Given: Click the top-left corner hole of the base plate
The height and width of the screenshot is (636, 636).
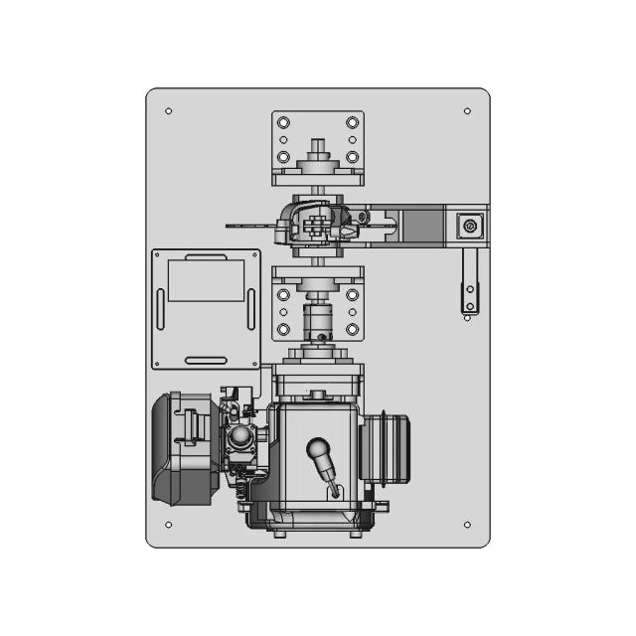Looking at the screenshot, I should pyautogui.click(x=168, y=111).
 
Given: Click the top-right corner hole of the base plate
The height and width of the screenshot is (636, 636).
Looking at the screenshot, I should pyautogui.click(x=467, y=111).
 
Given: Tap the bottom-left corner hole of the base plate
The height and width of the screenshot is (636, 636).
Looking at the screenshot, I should pyautogui.click(x=168, y=525).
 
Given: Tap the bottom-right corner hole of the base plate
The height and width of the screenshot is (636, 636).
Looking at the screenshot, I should pyautogui.click(x=467, y=525).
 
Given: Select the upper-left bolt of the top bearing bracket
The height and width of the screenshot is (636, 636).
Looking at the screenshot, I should pyautogui.click(x=284, y=122).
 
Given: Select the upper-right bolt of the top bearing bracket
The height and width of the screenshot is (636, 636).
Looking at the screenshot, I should pyautogui.click(x=352, y=122).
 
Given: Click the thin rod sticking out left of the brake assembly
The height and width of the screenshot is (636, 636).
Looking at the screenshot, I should pyautogui.click(x=248, y=226).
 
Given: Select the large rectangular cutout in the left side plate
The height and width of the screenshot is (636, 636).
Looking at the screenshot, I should pyautogui.click(x=206, y=279).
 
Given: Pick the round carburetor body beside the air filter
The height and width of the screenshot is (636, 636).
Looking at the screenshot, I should pyautogui.click(x=240, y=439).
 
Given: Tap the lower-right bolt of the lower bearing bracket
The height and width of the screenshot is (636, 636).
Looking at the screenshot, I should pyautogui.click(x=352, y=328).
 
